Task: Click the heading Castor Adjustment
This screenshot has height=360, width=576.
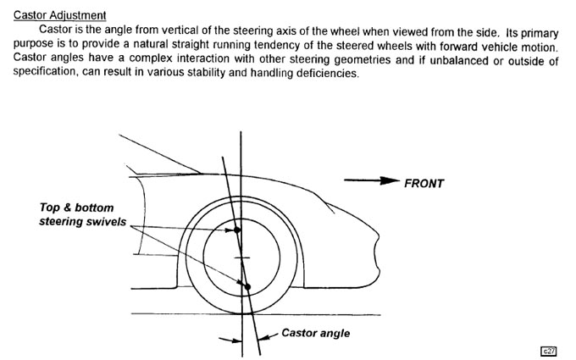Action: (x=59, y=15)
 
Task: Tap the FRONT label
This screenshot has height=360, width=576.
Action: (x=424, y=183)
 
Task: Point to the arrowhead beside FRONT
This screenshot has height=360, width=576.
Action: (x=390, y=180)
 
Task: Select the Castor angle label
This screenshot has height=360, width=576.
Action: (x=316, y=333)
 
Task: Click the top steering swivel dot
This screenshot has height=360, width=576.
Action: (x=237, y=230)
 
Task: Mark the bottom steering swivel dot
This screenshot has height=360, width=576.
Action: (x=246, y=287)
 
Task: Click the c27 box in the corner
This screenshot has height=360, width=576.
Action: (x=548, y=351)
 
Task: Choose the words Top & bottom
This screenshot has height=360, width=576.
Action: (x=76, y=208)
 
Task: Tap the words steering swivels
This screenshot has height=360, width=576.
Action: (x=83, y=222)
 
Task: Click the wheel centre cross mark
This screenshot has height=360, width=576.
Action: (x=241, y=258)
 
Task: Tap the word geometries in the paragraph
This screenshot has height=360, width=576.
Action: (x=363, y=58)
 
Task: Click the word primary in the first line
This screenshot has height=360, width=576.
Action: (x=540, y=33)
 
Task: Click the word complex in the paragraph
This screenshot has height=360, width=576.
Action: (x=151, y=58)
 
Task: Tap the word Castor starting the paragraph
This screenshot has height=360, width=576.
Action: (x=55, y=29)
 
